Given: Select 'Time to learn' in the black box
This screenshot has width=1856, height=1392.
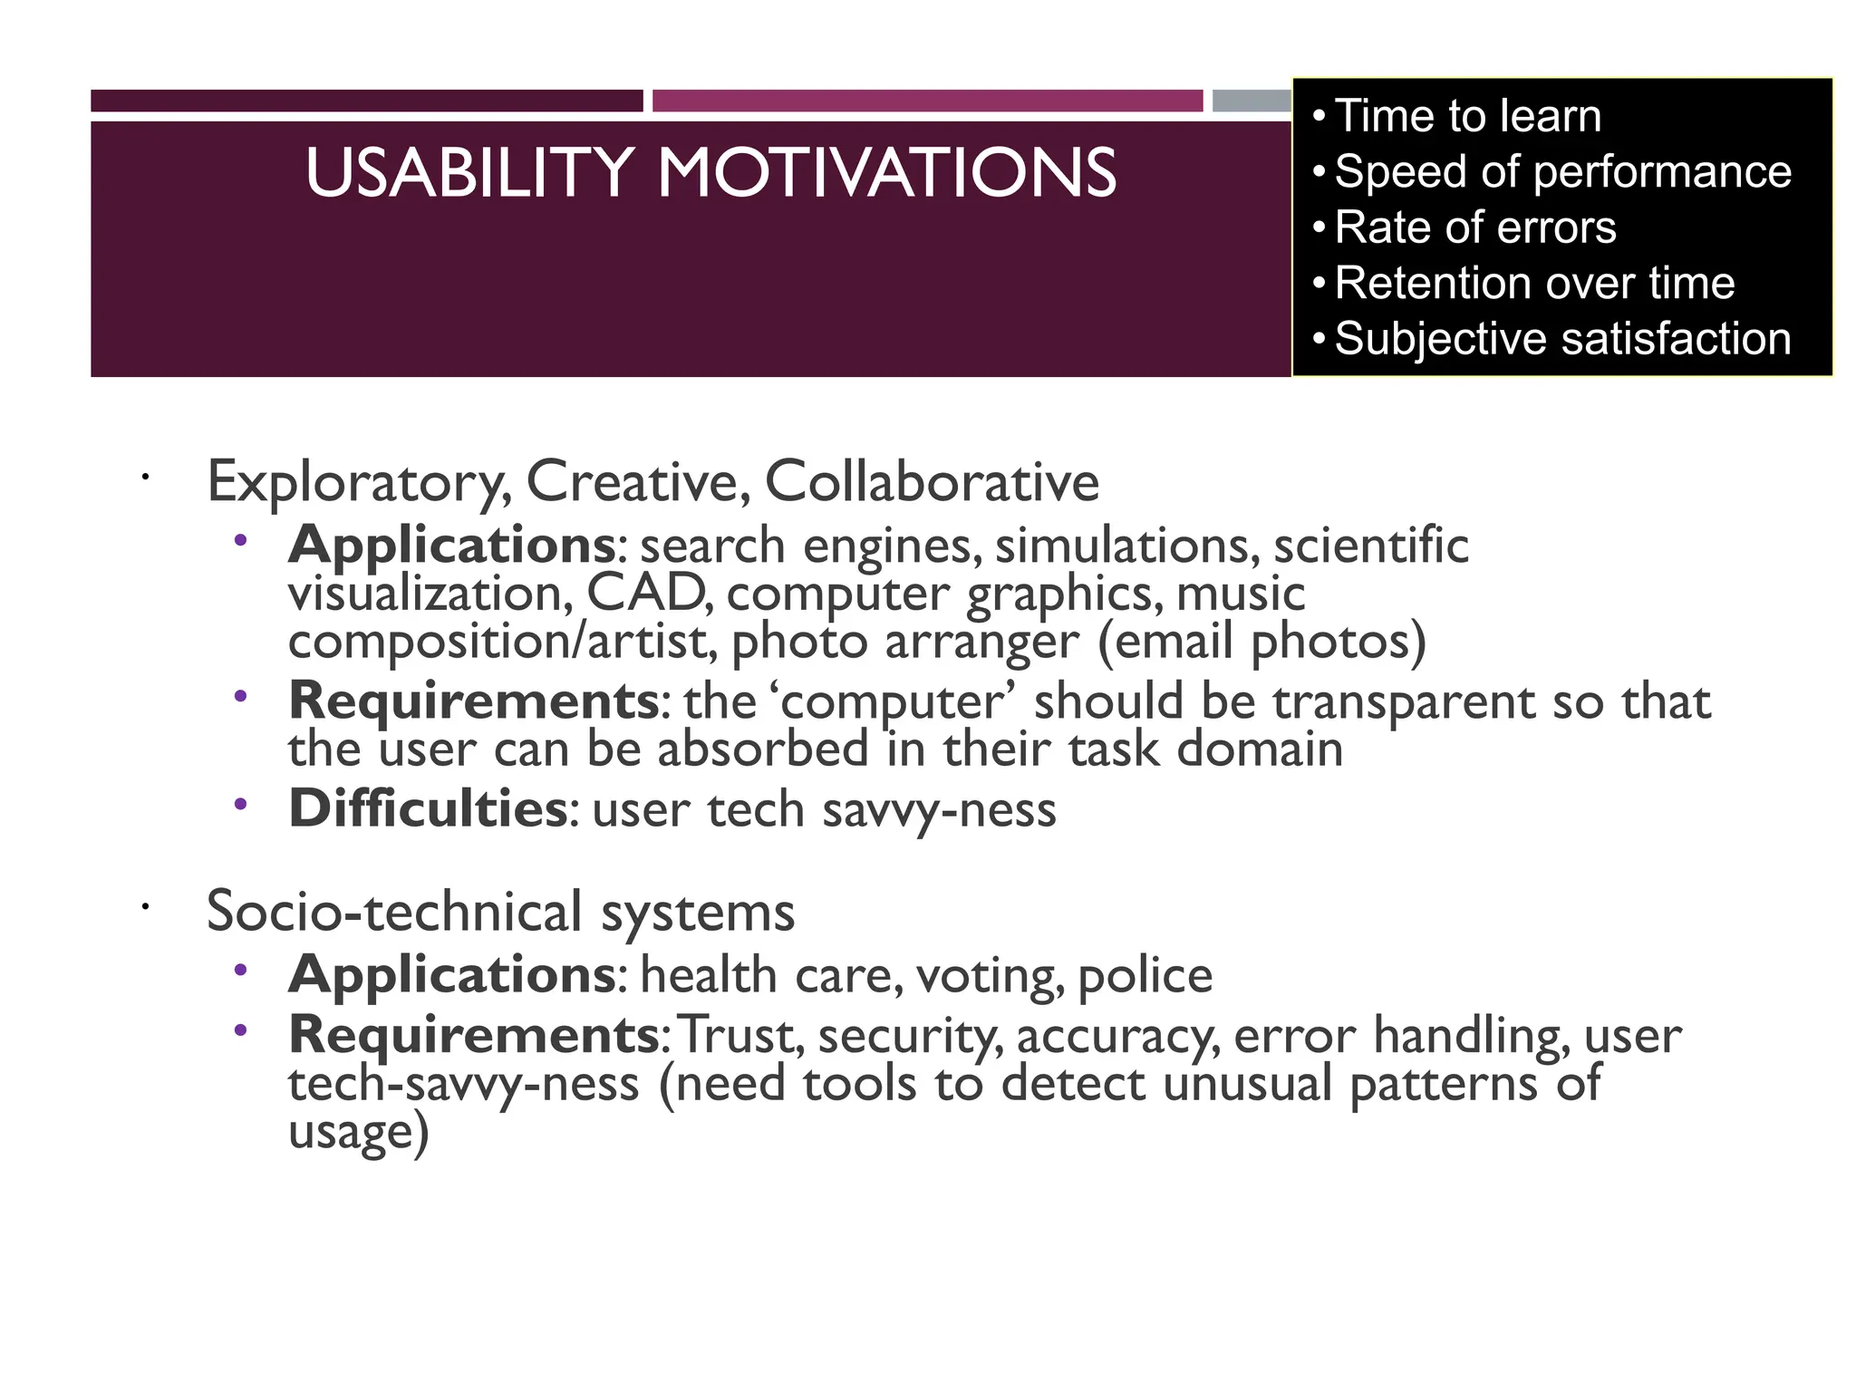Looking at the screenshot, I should [x=1467, y=116].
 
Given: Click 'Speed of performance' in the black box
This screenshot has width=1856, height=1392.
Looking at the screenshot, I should [x=1562, y=171].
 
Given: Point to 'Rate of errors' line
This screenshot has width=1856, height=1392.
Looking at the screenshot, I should [x=1474, y=227].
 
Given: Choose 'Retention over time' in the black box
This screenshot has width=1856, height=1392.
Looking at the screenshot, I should [x=1534, y=283].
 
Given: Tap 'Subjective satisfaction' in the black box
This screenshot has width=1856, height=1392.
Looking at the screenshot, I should [x=1562, y=339].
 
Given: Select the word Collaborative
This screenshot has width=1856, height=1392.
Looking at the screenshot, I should [x=932, y=481].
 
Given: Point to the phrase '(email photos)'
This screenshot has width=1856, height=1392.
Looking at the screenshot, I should [x=1261, y=641].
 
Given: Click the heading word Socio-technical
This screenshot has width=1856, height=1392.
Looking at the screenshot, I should [x=394, y=910].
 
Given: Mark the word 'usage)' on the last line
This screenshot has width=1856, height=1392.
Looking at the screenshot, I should [x=358, y=1131].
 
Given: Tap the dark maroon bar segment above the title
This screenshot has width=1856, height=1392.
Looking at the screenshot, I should [x=366, y=101].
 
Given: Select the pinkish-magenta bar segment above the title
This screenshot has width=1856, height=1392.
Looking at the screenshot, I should [x=927, y=101].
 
